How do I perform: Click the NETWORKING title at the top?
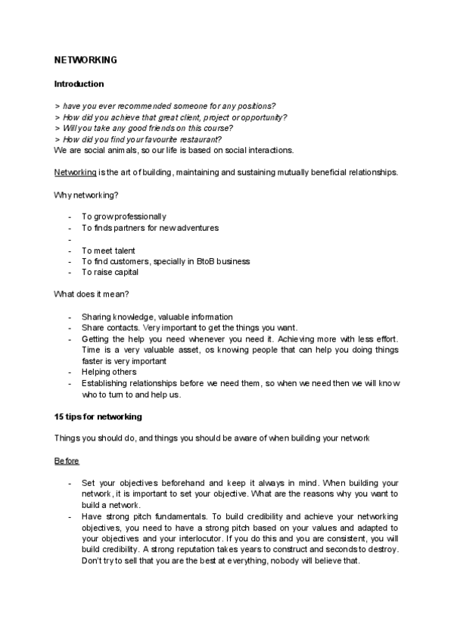point(85,59)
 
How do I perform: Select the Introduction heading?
point(79,84)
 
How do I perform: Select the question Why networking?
point(86,195)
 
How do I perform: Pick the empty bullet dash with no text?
point(70,239)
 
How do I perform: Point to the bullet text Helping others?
point(109,372)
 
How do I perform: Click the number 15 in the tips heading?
point(59,416)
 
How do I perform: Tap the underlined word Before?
point(67,461)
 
